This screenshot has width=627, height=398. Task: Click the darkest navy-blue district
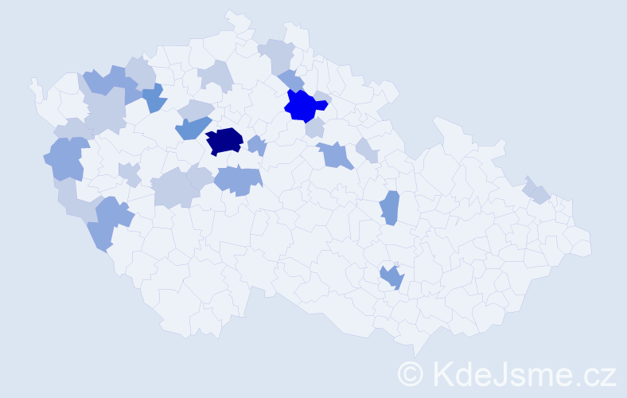coord(224,141)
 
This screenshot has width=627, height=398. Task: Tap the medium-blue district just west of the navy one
coord(191,127)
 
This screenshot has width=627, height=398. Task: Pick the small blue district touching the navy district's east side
coord(256,146)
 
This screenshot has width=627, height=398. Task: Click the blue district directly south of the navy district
coord(237,180)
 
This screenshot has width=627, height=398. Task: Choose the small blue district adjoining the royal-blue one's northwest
coord(291,80)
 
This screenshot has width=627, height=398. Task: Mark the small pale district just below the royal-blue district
coord(315,127)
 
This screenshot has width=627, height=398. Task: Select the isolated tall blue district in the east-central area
coord(389,209)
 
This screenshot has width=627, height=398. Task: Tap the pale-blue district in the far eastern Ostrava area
coord(537,191)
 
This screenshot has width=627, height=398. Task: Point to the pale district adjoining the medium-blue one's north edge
coord(196,110)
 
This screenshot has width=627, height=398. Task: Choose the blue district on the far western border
coord(67,158)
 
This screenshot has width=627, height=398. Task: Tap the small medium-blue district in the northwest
coord(154,98)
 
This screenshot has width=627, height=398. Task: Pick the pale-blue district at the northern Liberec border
coord(278,54)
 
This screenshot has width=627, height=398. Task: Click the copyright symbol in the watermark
coord(411,373)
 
